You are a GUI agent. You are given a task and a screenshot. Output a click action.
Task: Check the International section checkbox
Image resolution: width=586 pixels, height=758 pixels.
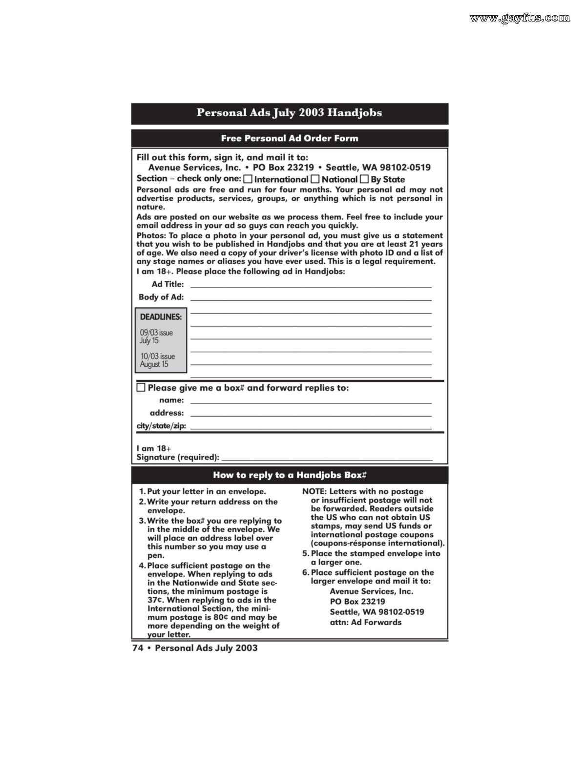[248, 179]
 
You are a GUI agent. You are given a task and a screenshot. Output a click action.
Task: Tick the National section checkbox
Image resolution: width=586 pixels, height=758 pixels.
[315, 179]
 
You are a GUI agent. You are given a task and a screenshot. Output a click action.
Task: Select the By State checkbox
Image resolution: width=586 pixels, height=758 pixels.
[365, 179]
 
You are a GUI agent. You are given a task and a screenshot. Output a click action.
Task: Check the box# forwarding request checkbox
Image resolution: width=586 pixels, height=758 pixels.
[141, 388]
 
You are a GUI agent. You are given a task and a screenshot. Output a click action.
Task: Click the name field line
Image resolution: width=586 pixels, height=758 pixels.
[311, 401]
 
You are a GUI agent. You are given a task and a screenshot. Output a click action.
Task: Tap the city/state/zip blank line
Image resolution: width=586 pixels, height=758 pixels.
[311, 427]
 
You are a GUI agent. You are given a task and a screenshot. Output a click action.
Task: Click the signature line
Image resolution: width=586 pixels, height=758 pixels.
[327, 458]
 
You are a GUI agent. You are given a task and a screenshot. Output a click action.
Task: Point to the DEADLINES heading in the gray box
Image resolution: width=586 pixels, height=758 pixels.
[161, 317]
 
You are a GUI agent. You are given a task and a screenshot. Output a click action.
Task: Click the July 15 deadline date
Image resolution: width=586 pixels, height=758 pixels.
[149, 341]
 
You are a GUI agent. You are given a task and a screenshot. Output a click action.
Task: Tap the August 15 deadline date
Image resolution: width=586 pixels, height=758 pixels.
[154, 364]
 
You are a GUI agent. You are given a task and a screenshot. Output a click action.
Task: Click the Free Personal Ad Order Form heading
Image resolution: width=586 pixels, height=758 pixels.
[290, 138]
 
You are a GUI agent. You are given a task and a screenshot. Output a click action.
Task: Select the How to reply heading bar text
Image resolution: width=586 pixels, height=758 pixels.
[290, 475]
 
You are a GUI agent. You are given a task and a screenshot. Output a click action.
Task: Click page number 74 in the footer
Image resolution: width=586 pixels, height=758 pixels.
[137, 648]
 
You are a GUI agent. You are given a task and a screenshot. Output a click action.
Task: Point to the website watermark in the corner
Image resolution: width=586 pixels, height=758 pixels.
[520, 19]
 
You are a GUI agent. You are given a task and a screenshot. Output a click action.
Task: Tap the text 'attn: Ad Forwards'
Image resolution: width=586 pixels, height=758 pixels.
[365, 622]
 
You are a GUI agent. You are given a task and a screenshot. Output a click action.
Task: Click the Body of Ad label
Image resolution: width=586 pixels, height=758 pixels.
[161, 297]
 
